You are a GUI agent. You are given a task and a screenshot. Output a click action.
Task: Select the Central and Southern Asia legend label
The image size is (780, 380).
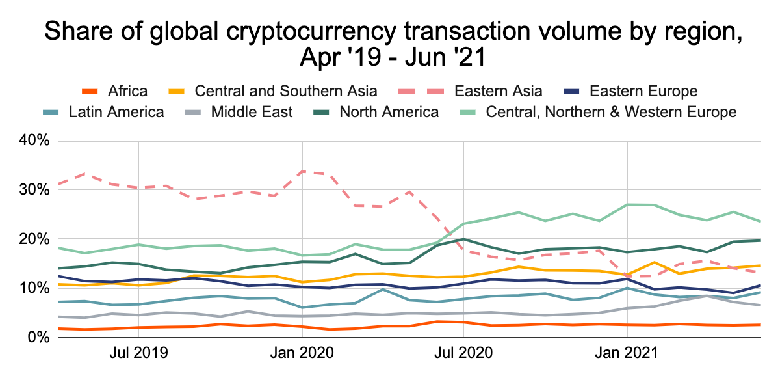[x=286, y=90]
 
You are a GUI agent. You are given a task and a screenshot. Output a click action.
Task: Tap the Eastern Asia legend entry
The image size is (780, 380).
[x=499, y=90]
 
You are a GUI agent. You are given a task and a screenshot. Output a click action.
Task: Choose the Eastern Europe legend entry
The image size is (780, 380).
[x=642, y=90]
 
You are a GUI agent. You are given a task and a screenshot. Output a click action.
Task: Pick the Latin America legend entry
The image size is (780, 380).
[x=116, y=112]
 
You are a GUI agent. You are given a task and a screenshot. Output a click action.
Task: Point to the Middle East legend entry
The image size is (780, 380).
[x=252, y=112]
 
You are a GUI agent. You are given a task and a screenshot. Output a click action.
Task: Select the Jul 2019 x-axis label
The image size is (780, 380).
[x=138, y=354]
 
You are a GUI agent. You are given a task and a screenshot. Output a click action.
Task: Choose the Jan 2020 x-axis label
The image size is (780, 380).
[x=302, y=354]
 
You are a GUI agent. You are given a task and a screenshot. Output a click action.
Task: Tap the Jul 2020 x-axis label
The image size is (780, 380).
[x=463, y=354]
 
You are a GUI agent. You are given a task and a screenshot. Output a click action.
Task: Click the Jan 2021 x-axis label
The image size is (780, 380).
[x=627, y=354]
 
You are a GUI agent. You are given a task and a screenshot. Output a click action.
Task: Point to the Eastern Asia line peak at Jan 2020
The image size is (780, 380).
[x=302, y=171]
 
